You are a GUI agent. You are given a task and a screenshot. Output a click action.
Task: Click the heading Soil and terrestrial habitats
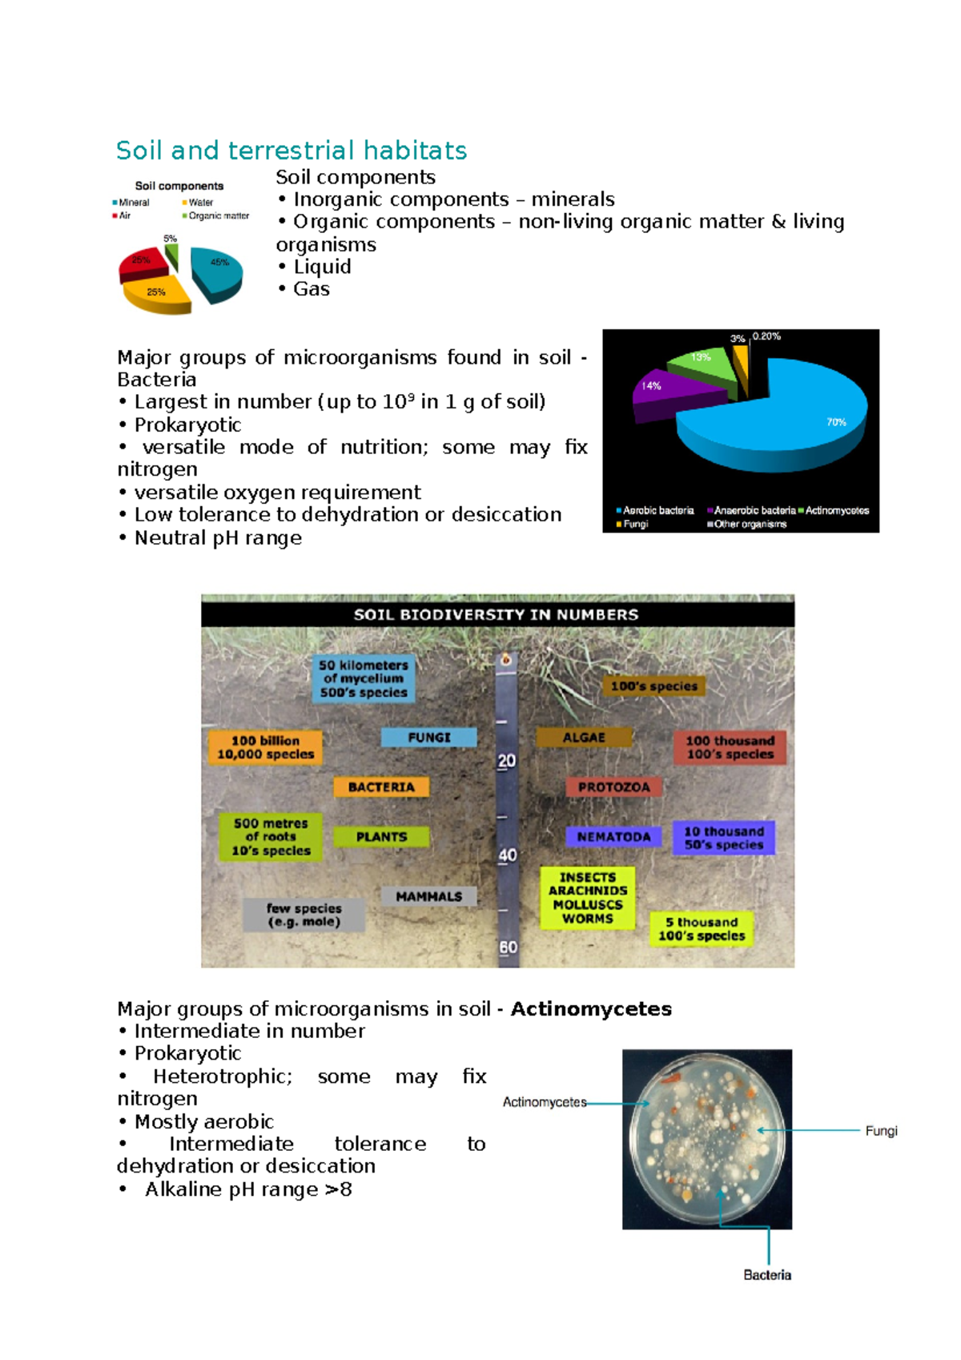tap(292, 151)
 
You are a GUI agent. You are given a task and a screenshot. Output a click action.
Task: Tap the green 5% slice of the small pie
tap(171, 256)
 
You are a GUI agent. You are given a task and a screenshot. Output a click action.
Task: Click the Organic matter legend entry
tap(217, 216)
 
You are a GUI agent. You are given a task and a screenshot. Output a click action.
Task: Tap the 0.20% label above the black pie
tap(766, 336)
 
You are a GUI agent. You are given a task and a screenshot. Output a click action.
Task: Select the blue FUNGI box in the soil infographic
tap(429, 738)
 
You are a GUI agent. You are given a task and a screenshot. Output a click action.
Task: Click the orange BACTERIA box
tap(381, 787)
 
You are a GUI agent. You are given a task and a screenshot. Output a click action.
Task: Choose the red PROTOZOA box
tap(613, 787)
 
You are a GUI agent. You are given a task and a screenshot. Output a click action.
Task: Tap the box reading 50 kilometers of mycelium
tap(364, 678)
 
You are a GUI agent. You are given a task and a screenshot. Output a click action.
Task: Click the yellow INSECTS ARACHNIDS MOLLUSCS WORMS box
tap(587, 899)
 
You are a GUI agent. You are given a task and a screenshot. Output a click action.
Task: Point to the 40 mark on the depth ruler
tap(508, 855)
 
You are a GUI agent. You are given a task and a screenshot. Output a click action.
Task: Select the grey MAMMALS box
tap(428, 897)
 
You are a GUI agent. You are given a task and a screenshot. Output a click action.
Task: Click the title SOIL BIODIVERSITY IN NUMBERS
tap(497, 615)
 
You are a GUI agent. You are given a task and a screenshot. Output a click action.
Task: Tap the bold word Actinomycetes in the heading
tap(591, 1009)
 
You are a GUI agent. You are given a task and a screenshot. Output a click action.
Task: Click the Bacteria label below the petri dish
tap(766, 1275)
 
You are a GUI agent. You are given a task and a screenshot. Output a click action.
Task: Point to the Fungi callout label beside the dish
tap(881, 1131)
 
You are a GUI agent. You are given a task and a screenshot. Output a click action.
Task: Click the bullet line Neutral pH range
tap(218, 538)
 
